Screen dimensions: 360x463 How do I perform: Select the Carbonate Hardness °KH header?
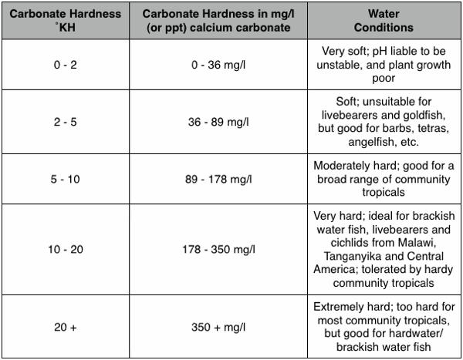[59, 21]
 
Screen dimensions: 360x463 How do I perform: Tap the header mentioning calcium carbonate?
[211, 21]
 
